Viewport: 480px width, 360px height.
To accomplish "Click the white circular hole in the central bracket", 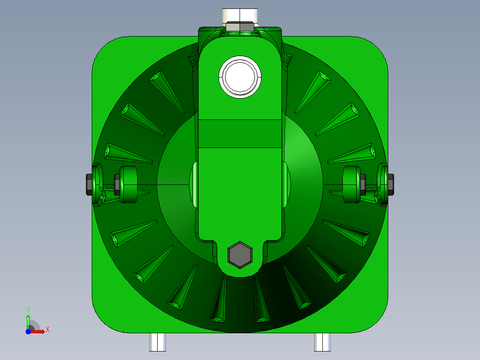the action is [x=240, y=77].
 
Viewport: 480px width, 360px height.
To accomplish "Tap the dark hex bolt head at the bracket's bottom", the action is [x=240, y=255].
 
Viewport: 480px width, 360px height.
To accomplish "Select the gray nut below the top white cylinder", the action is [x=240, y=26].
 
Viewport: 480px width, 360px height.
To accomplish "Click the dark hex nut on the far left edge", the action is [x=89, y=184].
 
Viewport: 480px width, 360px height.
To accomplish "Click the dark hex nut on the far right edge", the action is [x=391, y=184].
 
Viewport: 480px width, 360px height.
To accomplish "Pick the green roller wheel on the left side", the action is [x=128, y=184].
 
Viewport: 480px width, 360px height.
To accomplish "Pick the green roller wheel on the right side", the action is [x=352, y=184].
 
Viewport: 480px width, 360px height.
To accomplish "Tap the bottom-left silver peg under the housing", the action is [x=158, y=342].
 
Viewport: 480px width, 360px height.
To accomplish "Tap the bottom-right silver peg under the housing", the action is [x=322, y=342].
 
